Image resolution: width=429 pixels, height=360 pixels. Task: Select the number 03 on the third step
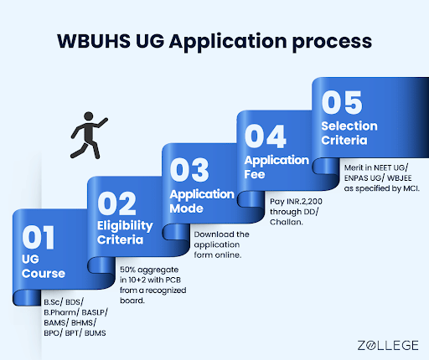[189, 170]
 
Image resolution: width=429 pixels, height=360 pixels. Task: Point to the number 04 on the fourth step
[264, 136]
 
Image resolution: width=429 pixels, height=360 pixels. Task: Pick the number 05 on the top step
[341, 101]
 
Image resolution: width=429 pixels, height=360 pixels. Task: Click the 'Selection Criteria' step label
[349, 132]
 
